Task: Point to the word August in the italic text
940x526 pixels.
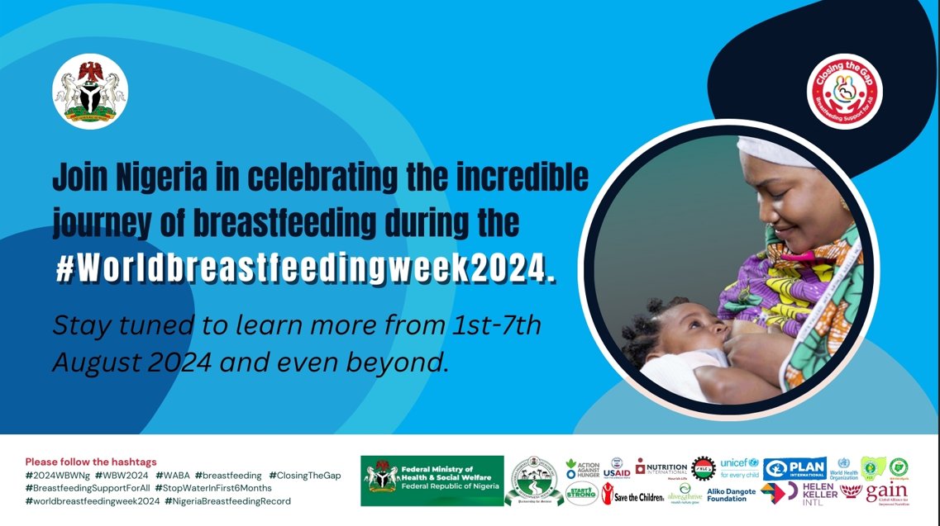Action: click(91, 363)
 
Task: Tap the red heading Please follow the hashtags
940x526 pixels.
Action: click(91, 462)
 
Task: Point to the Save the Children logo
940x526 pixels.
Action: click(632, 495)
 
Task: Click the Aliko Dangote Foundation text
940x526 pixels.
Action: click(732, 495)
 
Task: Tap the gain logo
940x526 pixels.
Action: click(886, 494)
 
